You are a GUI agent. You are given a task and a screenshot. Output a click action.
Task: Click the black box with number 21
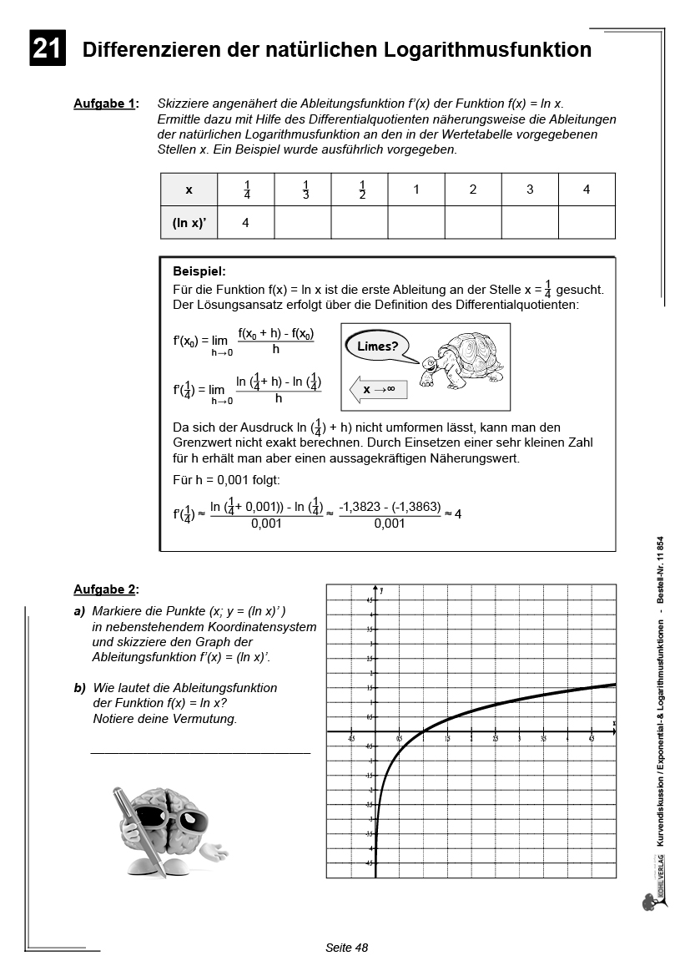pyautogui.click(x=47, y=49)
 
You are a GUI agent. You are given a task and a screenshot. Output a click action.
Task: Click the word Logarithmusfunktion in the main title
pyautogui.click(x=487, y=50)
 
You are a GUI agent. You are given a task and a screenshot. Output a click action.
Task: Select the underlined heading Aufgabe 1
pyautogui.click(x=104, y=104)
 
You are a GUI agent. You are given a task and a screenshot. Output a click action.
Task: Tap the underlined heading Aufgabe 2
pyautogui.click(x=104, y=589)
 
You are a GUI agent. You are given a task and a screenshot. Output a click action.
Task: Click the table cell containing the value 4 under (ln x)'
pyautogui.click(x=245, y=223)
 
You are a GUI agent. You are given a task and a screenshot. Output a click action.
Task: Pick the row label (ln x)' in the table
pyautogui.click(x=189, y=223)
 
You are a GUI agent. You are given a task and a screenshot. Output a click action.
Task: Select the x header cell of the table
pyautogui.click(x=189, y=190)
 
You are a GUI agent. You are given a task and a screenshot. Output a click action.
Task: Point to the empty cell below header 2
pyautogui.click(x=472, y=223)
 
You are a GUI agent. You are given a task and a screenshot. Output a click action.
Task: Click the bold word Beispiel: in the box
pyautogui.click(x=199, y=271)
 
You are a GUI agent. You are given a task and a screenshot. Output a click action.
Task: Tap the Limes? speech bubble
pyautogui.click(x=377, y=346)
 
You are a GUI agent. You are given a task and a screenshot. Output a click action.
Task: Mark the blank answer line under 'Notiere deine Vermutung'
pyautogui.click(x=199, y=752)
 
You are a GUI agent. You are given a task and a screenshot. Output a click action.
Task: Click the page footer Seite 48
pyautogui.click(x=346, y=948)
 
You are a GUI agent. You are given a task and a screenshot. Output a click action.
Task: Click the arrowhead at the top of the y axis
pyautogui.click(x=376, y=589)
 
